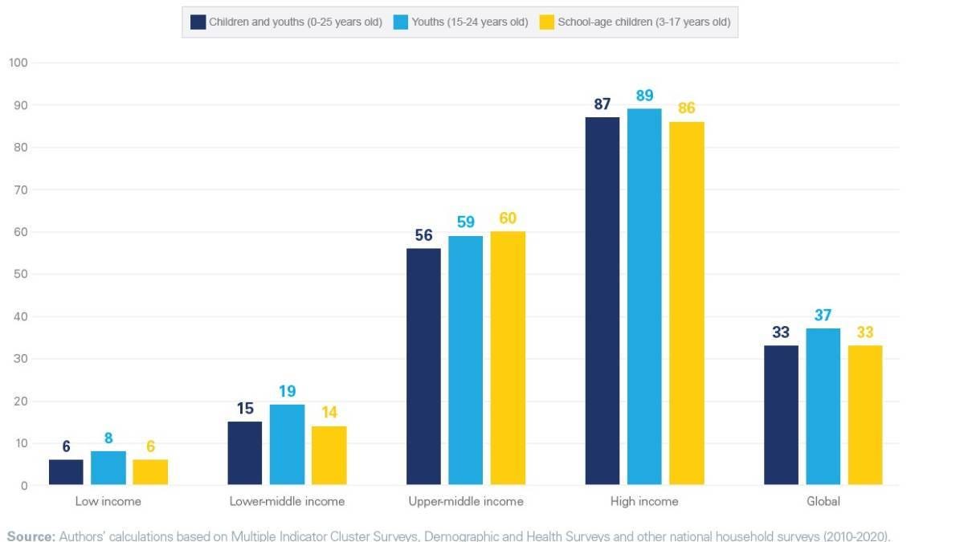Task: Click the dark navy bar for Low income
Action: pos(66,472)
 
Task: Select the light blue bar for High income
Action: pos(644,297)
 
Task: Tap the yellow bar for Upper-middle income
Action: pos(508,358)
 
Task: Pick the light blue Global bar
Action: pos(823,406)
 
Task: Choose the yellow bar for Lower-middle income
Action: pos(329,455)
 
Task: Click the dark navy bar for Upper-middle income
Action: pos(423,367)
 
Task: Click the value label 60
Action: pos(508,218)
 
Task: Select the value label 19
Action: pos(287,392)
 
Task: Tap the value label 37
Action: pos(823,316)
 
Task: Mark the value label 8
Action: pos(108,438)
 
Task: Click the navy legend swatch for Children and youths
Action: pos(198,22)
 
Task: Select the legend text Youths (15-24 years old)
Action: pos(469,22)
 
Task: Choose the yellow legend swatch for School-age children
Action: pos(546,22)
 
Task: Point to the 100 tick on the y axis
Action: pos(18,63)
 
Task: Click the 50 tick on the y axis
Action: pos(20,274)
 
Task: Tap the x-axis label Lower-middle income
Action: pos(287,501)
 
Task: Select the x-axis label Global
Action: pos(823,501)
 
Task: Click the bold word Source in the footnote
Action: pos(31,536)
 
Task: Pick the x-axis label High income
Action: pos(644,501)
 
